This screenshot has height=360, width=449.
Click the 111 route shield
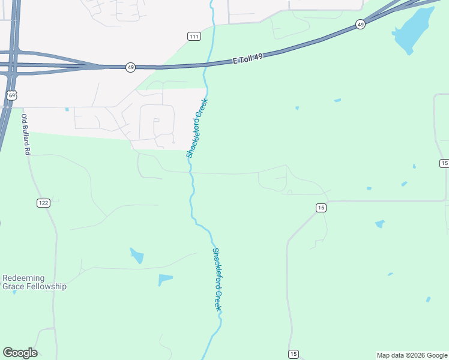pos(193,37)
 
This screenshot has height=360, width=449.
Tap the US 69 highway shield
pos(11,95)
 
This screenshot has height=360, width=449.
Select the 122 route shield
pos(43,203)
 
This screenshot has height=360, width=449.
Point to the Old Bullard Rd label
pos(25,135)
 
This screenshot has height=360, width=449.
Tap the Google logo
pos(20,353)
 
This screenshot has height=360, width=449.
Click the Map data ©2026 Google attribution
pos(411,355)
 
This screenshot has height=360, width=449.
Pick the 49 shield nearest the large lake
pos(360,24)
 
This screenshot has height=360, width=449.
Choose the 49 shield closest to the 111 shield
pos(131,67)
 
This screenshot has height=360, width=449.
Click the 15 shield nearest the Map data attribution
pos(293,354)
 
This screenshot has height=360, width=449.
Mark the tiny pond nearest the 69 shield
pos(67,109)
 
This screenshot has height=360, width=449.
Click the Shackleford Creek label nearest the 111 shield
pos(197,128)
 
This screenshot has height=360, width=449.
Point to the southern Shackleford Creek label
pos(218,279)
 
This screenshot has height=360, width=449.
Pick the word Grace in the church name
pos(14,287)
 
